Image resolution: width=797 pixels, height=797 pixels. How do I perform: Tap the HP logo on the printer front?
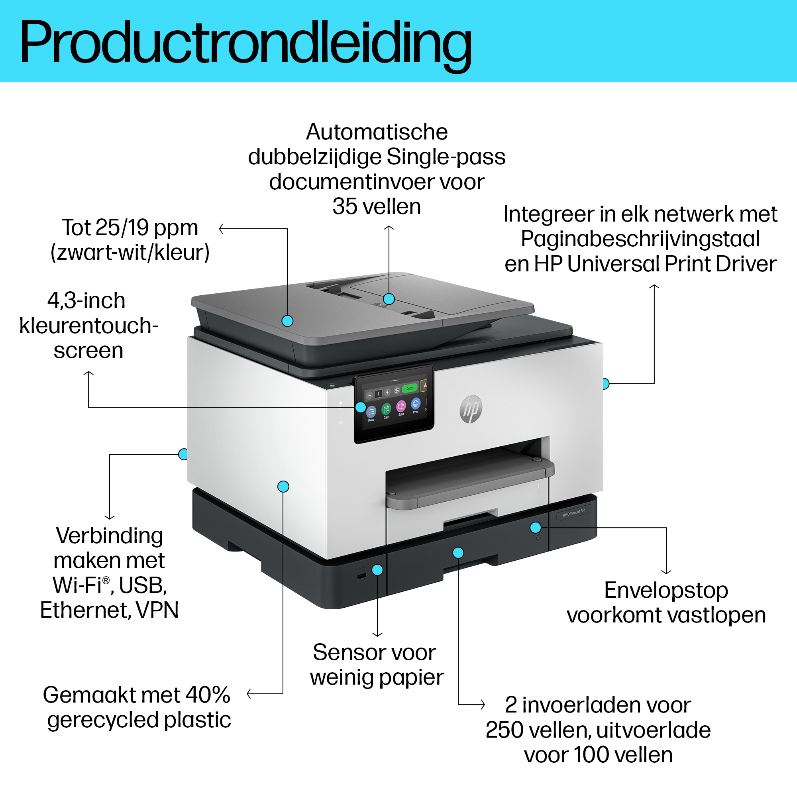471,409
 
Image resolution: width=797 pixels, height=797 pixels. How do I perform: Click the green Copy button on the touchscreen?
409,388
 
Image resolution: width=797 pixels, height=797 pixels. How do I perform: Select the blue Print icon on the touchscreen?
416,403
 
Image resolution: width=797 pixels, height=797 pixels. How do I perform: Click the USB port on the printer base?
362,576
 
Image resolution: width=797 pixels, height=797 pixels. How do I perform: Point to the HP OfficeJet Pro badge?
574,512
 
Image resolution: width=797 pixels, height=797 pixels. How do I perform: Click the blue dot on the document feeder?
389,298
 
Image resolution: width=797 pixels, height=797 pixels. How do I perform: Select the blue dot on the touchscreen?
361,407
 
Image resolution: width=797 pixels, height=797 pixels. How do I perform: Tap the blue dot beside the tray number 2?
536,527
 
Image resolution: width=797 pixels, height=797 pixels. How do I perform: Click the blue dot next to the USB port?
377,570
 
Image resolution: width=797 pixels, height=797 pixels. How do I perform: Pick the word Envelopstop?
666,590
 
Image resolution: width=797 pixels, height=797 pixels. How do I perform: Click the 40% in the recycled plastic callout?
208,695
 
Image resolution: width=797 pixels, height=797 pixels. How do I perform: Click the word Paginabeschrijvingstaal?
640,239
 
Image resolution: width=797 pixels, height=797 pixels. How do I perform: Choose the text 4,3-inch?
86,300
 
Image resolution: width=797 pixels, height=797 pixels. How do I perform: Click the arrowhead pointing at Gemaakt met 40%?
249,694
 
